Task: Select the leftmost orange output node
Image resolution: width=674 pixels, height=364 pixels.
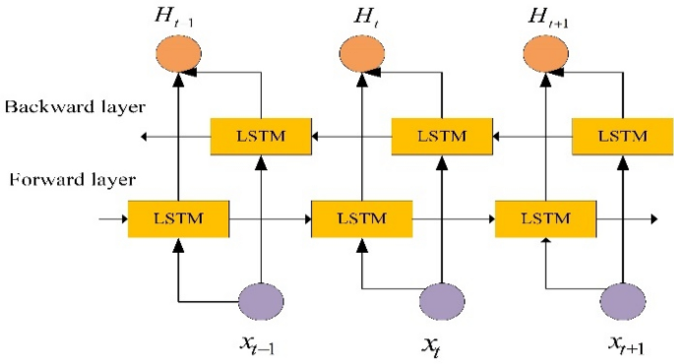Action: tap(178, 51)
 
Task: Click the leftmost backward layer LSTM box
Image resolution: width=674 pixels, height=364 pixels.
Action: tap(261, 135)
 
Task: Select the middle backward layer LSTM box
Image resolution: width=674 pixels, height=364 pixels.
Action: tap(442, 135)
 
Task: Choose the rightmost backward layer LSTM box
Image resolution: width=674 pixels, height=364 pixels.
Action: tap(624, 135)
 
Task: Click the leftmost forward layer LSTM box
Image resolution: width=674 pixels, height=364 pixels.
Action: tap(178, 215)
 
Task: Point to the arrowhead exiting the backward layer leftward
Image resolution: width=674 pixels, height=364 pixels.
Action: tap(145, 135)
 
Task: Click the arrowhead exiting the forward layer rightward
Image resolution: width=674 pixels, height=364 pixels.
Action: tap(653, 215)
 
